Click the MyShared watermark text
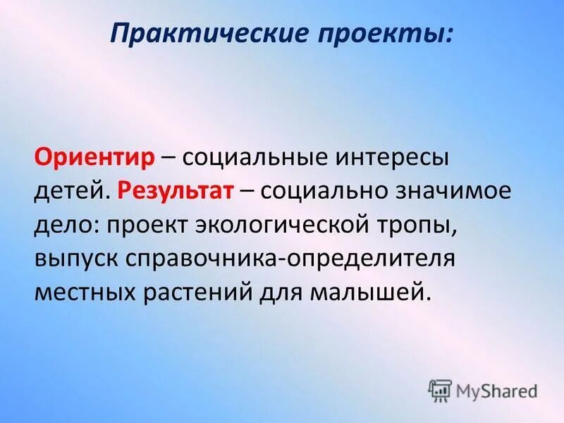(497, 389)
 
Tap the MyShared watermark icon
(439, 389)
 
